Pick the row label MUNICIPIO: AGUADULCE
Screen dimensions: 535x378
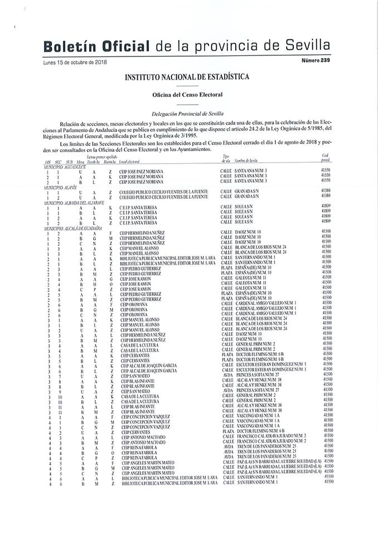[65, 166]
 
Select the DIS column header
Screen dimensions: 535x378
[48, 160]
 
